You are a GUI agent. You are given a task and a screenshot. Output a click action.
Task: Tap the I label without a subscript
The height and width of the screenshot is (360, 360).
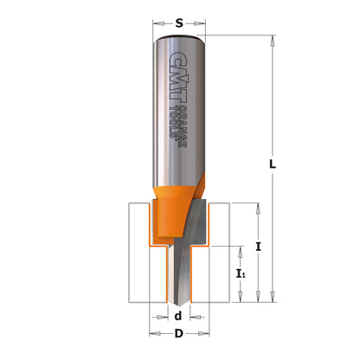tap(260, 247)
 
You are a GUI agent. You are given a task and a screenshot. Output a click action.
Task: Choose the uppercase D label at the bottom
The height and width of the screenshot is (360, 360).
tap(177, 333)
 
